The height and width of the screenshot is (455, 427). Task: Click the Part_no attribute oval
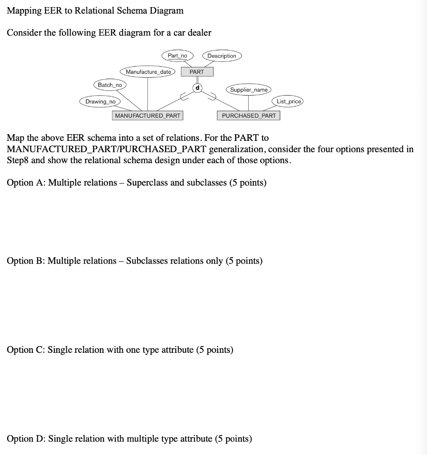[x=177, y=56]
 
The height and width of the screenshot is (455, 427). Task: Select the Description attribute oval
[x=222, y=56]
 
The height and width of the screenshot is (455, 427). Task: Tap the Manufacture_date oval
[x=148, y=72]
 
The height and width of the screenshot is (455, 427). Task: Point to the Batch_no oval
[x=110, y=84]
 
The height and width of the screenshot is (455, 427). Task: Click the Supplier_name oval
[x=249, y=90]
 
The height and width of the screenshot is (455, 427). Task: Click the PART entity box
[x=197, y=72]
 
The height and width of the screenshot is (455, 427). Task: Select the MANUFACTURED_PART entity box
[x=148, y=116]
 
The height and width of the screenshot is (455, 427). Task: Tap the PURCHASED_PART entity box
[x=249, y=116]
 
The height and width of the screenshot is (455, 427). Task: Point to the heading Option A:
[x=26, y=183]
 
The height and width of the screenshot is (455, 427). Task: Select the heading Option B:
[x=26, y=261]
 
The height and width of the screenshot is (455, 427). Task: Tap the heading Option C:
[x=26, y=350]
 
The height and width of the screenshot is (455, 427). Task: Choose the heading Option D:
[x=26, y=439]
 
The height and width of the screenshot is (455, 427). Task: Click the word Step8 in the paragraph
[x=17, y=160]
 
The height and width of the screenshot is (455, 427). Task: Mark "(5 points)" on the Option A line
[x=248, y=183]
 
